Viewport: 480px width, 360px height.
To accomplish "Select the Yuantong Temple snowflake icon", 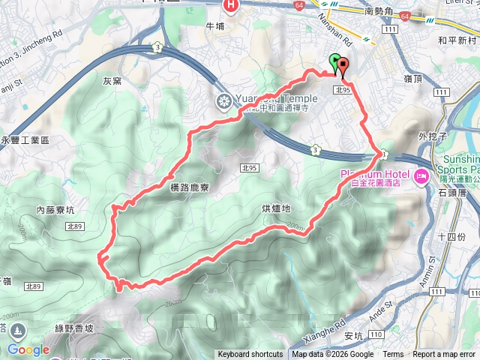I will (223, 101).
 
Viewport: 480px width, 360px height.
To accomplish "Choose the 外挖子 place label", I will (433, 136).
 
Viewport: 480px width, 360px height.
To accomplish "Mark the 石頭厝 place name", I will (451, 192).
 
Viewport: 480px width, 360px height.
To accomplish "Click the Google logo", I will (28, 350).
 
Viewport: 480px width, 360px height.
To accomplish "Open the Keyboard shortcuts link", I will (250, 355).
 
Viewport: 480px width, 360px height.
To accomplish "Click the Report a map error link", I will (444, 355).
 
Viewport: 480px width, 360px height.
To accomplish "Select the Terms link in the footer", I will (393, 355).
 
